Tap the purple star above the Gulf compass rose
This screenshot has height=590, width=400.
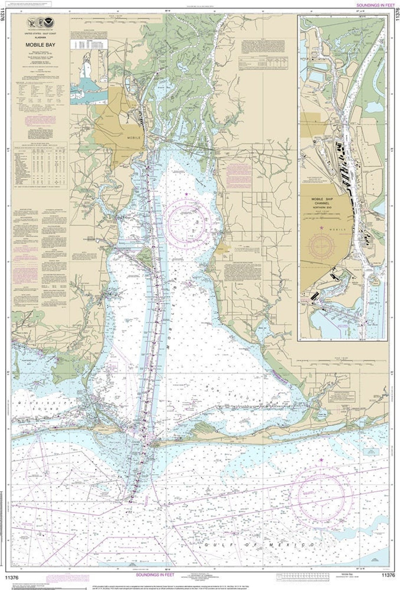click(x=321, y=460)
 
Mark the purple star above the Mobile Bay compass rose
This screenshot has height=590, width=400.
click(x=186, y=194)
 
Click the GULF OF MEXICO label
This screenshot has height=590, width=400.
click(x=260, y=544)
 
